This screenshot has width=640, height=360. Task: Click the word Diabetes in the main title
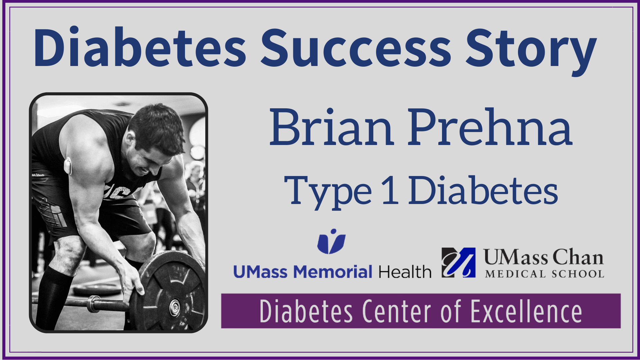(x=140, y=47)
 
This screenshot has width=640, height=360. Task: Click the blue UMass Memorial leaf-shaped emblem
(x=331, y=241)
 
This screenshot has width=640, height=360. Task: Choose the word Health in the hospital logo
(x=405, y=272)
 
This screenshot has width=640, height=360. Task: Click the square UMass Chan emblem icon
(x=458, y=263)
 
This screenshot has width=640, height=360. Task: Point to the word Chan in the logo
(x=578, y=257)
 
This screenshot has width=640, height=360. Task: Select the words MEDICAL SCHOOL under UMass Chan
(x=545, y=274)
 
